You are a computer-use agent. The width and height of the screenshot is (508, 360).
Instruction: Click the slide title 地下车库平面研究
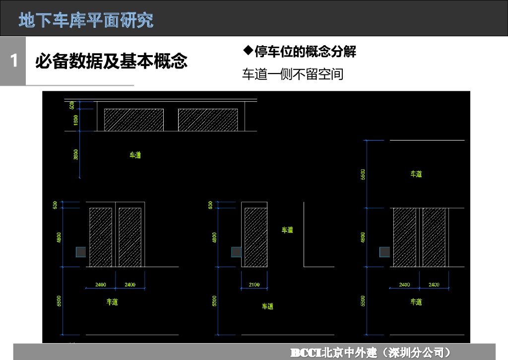click(x=86, y=20)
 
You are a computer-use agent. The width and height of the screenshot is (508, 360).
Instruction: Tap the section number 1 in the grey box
click(x=13, y=61)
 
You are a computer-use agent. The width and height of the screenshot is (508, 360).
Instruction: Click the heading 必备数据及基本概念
click(x=111, y=61)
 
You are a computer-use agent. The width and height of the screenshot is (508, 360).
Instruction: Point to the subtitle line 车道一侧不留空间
click(x=293, y=74)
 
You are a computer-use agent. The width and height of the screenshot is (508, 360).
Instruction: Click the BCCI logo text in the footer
click(x=306, y=353)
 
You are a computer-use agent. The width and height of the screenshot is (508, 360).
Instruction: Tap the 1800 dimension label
click(x=76, y=120)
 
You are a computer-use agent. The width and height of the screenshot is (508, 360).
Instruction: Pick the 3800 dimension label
click(x=76, y=154)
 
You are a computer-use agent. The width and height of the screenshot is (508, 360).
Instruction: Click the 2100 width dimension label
click(x=254, y=285)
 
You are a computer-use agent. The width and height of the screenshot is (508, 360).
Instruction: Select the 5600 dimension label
click(x=363, y=174)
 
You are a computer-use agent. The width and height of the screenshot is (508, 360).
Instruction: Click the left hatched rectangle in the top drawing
click(x=134, y=120)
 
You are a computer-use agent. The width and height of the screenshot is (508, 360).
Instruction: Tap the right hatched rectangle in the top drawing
click(x=208, y=120)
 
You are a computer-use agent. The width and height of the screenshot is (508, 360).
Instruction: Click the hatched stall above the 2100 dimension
click(x=256, y=237)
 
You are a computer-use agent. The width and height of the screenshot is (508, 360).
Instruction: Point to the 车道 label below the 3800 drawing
click(x=135, y=155)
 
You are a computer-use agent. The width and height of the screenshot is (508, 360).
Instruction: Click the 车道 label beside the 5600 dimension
click(x=416, y=174)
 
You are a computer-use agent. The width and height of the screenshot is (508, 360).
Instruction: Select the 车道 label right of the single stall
click(x=287, y=230)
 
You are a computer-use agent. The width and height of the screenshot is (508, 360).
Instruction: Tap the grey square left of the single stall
click(x=236, y=252)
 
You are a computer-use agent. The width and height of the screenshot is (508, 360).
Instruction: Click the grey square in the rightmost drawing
click(x=384, y=252)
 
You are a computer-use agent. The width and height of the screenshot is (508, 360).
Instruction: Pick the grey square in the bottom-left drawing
click(x=81, y=252)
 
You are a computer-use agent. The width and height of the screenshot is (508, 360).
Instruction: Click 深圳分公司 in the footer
click(x=421, y=353)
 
